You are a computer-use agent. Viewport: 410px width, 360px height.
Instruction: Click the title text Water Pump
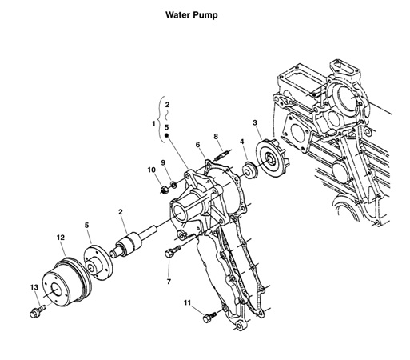point(191,15)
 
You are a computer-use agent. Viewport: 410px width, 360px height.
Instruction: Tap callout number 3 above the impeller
point(254,122)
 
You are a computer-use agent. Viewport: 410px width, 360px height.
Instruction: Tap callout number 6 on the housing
point(197,145)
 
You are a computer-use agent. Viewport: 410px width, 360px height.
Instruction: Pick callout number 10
point(151,170)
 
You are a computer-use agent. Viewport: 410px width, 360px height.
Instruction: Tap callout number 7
point(169,282)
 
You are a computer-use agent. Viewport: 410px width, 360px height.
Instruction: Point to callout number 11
point(187,303)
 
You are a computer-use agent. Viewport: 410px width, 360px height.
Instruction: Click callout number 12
point(60,238)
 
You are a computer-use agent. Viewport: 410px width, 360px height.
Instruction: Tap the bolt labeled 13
point(36,308)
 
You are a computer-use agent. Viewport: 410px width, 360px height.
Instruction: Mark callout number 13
point(34,287)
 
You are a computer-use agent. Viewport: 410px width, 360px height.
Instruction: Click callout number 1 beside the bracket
point(153,124)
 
